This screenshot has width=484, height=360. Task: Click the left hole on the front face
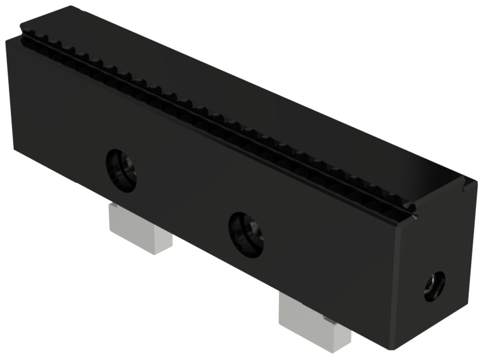(x=121, y=171)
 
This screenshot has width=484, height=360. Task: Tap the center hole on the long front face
(x=246, y=234)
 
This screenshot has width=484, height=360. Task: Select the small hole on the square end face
(x=434, y=286)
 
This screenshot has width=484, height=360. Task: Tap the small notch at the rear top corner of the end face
(x=467, y=182)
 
